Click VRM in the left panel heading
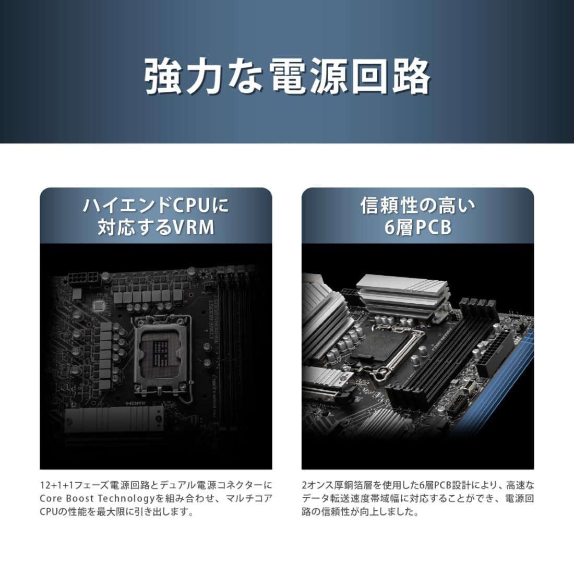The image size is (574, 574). tap(192, 228)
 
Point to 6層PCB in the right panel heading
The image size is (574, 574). tap(417, 228)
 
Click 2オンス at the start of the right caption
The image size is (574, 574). tap(319, 485)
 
